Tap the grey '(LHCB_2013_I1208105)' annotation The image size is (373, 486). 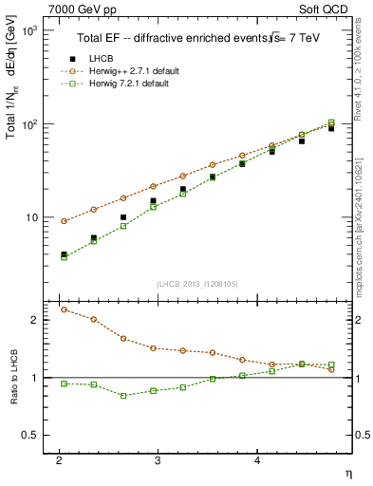[x=190, y=284]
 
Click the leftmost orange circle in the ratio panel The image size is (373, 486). [x=64, y=309]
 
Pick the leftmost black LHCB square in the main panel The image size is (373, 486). [x=64, y=254]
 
